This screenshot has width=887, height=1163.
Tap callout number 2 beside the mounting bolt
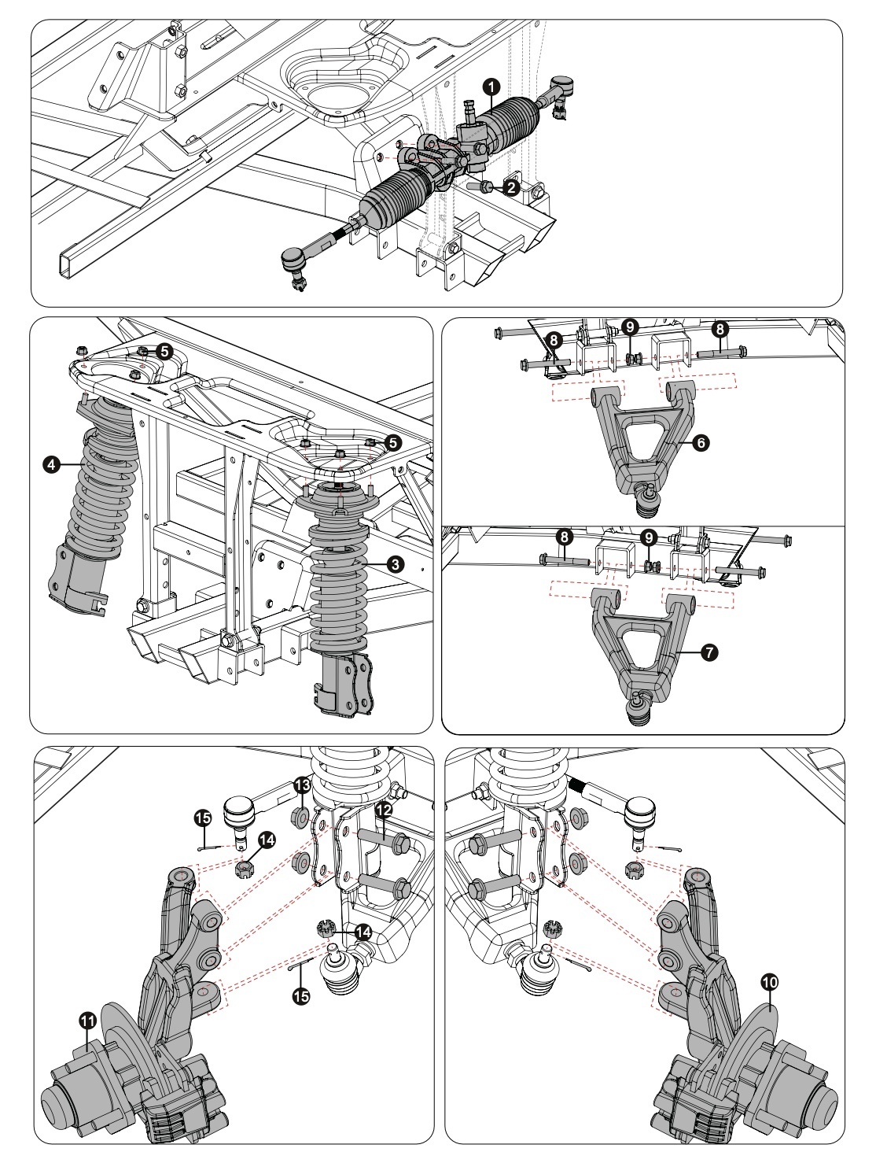[511, 187]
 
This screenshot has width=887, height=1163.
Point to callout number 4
[51, 465]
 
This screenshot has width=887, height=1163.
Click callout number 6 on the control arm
[701, 443]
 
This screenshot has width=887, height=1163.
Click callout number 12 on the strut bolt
[383, 809]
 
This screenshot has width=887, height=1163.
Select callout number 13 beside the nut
[302, 785]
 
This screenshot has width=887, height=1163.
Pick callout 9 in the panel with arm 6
[629, 324]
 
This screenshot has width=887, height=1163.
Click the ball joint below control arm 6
[646, 500]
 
